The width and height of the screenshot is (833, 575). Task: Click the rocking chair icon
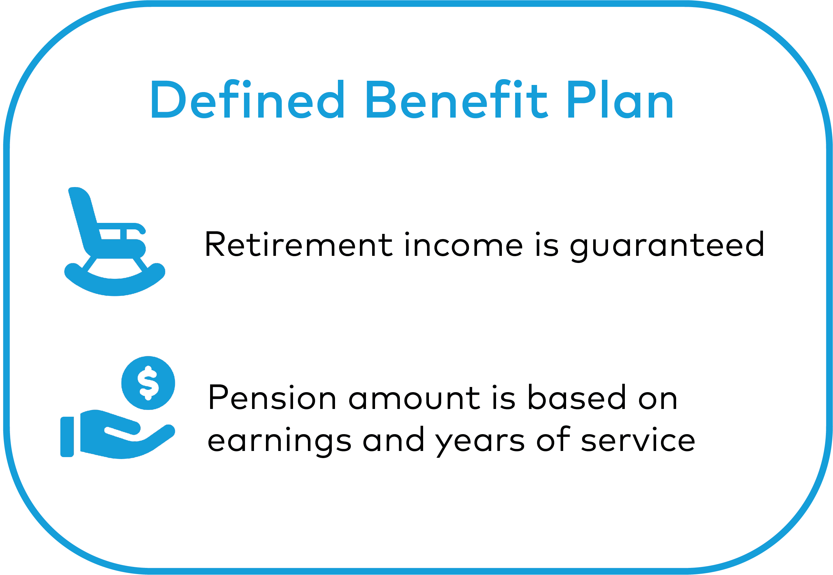tap(115, 241)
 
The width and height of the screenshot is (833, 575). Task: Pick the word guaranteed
tap(667, 246)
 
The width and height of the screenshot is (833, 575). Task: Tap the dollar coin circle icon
tap(148, 383)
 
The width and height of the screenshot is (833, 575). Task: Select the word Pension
tap(272, 397)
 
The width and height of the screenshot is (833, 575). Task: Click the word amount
tap(414, 398)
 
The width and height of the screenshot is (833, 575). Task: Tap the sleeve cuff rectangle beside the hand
tap(67, 437)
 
